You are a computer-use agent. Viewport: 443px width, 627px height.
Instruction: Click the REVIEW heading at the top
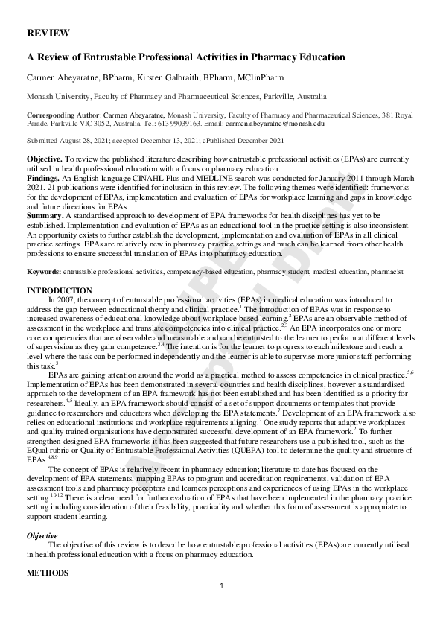[x=48, y=34]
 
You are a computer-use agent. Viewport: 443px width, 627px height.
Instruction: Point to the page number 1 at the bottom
[x=221, y=608]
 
